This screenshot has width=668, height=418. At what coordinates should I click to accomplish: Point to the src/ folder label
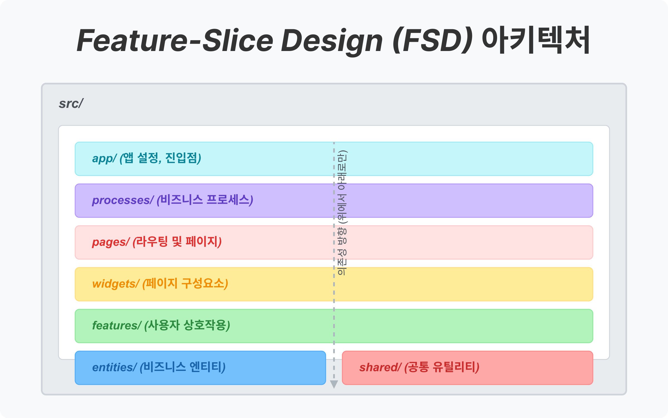pos(71,104)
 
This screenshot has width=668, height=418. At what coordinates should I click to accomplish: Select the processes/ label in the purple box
pos(122,200)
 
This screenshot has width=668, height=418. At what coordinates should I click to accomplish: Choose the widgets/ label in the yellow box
pos(115,284)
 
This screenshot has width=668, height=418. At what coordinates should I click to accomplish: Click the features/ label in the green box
pos(116,325)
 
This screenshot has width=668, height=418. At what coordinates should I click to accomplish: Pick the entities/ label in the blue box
pos(114,367)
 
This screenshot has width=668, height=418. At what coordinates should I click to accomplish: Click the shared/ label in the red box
pos(380,367)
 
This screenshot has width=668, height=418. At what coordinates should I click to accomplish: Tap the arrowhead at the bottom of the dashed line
pos(334,384)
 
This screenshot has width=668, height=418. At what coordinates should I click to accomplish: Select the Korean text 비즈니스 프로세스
pos(205,200)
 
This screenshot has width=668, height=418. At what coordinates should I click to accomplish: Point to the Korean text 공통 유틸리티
pos(442,367)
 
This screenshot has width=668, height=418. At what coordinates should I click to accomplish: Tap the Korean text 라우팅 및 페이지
pos(177,241)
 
